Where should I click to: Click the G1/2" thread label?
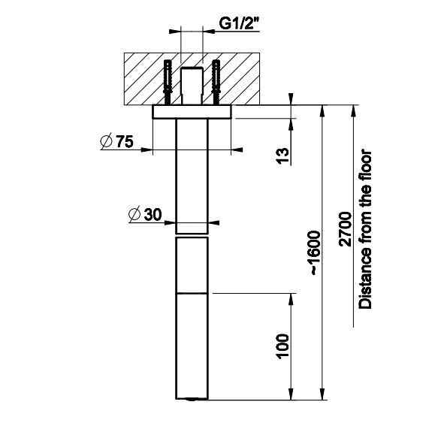click(240, 23)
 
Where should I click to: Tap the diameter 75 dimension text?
click(117, 141)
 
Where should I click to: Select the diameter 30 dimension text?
click(145, 215)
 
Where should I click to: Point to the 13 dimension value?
click(283, 156)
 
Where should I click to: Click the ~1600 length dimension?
click(315, 252)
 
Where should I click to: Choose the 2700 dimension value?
click(345, 229)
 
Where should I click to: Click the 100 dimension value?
click(282, 346)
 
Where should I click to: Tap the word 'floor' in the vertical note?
click(365, 165)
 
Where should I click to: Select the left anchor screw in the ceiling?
click(168, 83)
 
